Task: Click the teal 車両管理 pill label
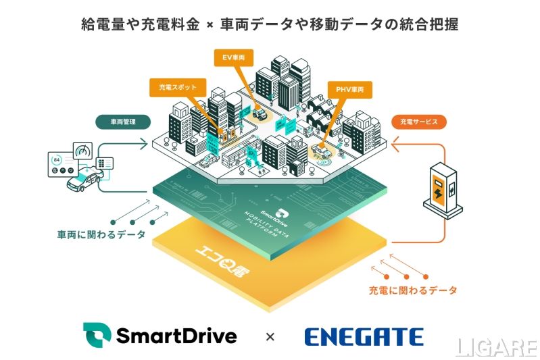[x=122, y=123]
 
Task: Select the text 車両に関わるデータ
[x=101, y=235]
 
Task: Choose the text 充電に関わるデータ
[x=413, y=290]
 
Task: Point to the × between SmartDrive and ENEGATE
[x=270, y=336]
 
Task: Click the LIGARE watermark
[x=496, y=347]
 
